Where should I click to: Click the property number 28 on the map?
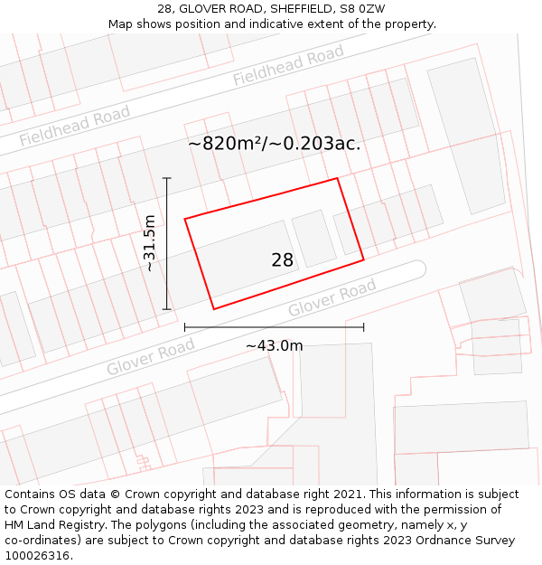[282, 260]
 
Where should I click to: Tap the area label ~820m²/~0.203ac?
[275, 144]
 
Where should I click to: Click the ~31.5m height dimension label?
[150, 243]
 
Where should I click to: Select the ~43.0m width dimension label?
[274, 345]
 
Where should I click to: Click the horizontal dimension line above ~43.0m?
[274, 326]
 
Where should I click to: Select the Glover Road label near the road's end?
[332, 299]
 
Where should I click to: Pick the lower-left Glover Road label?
[150, 358]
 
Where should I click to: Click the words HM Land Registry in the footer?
[58, 524]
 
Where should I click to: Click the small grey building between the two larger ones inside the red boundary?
[313, 238]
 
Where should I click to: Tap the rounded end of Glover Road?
[416, 269]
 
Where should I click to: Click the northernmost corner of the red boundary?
[337, 178]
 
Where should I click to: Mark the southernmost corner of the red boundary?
[214, 309]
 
